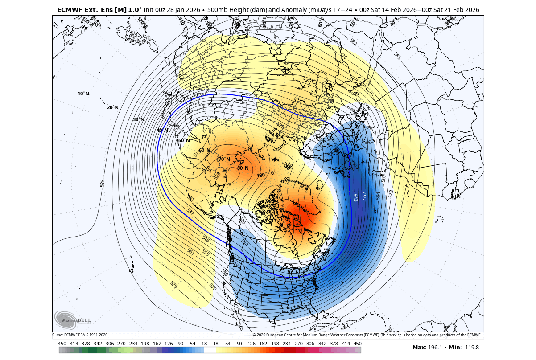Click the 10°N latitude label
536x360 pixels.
click(x=83, y=94)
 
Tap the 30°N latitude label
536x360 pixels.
click(x=139, y=119)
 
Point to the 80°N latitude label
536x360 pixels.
click(x=243, y=168)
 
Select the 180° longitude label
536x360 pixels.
click(x=261, y=175)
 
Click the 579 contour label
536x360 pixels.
click(x=174, y=284)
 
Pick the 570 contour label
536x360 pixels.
click(x=213, y=287)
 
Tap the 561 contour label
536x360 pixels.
click(x=191, y=252)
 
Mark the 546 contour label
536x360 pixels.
click(x=206, y=239)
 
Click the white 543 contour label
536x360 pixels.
click(x=355, y=197)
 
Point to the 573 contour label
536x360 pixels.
click(x=391, y=193)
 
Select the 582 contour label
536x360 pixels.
click(x=354, y=42)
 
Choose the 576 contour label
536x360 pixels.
click(x=343, y=57)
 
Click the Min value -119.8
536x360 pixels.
click(x=475, y=347)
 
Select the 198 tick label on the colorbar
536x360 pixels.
click(x=274, y=344)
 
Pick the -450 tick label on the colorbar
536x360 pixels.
click(x=62, y=344)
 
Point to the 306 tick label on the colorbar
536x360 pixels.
click(x=310, y=344)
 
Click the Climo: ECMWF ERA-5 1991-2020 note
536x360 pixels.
click(x=80, y=335)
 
